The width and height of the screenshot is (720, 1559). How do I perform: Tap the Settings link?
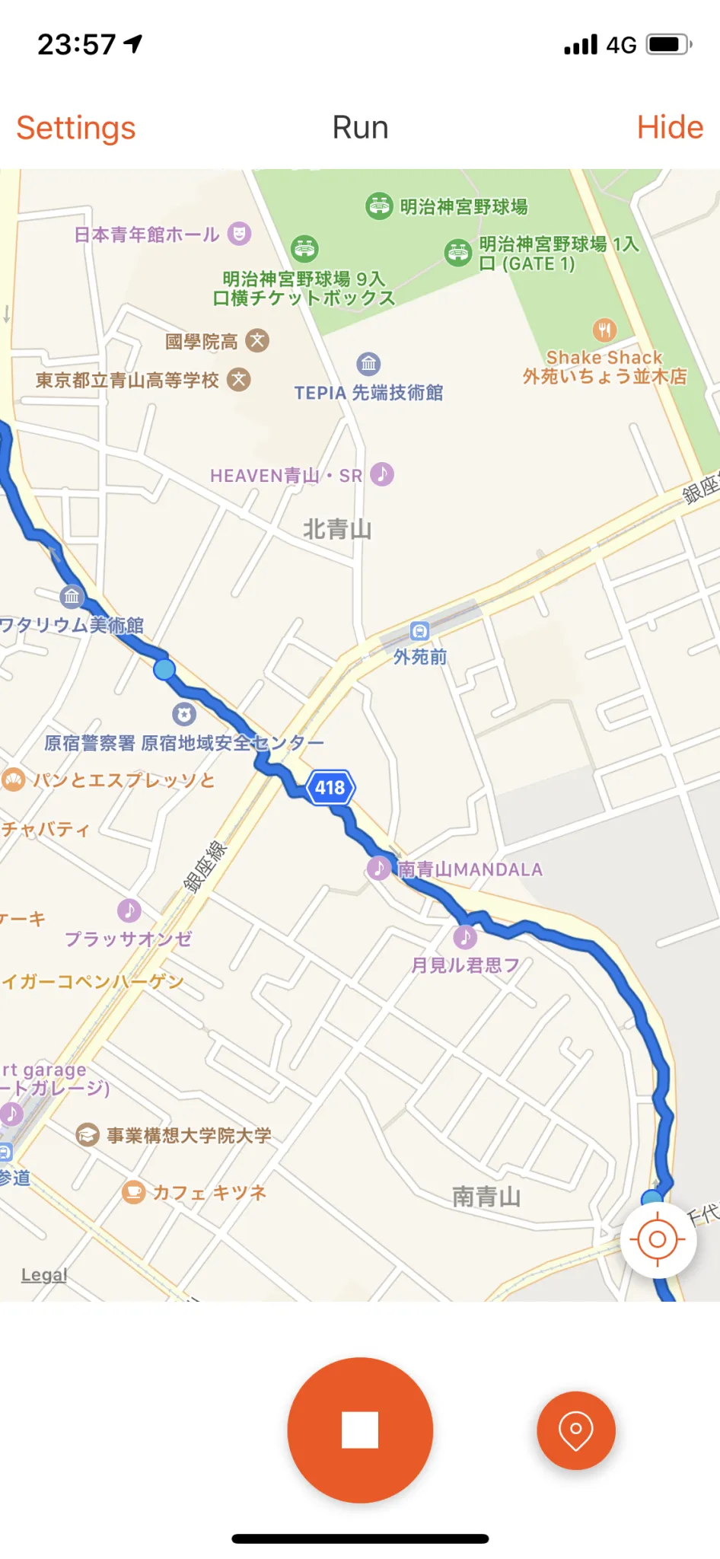[x=76, y=128]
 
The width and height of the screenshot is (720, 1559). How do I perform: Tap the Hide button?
[x=670, y=127]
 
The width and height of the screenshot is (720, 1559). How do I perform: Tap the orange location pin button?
[x=576, y=1430]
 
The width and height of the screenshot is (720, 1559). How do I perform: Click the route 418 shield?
[x=330, y=787]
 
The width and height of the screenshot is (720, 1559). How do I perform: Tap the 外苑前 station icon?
[x=420, y=631]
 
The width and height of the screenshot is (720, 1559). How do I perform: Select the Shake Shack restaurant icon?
[x=604, y=330]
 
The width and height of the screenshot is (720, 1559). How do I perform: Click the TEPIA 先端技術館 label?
[x=368, y=393]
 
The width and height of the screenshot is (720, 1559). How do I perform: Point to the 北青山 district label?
[x=337, y=529]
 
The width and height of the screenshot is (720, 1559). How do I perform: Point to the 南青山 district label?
[x=486, y=1197]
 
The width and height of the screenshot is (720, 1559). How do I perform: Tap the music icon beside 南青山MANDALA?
[x=378, y=868]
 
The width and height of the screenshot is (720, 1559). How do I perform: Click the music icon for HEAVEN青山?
[x=382, y=474]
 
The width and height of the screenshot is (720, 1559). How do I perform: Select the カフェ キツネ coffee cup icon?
[x=134, y=1191]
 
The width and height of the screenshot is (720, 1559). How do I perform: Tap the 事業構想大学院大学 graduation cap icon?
[x=88, y=1135]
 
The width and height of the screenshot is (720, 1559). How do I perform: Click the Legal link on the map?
[x=44, y=1274]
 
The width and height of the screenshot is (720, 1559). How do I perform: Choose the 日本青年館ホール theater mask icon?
[x=239, y=234]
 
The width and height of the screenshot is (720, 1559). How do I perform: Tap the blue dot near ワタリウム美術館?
[x=164, y=670]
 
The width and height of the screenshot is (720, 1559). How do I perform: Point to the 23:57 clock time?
[x=77, y=45]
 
